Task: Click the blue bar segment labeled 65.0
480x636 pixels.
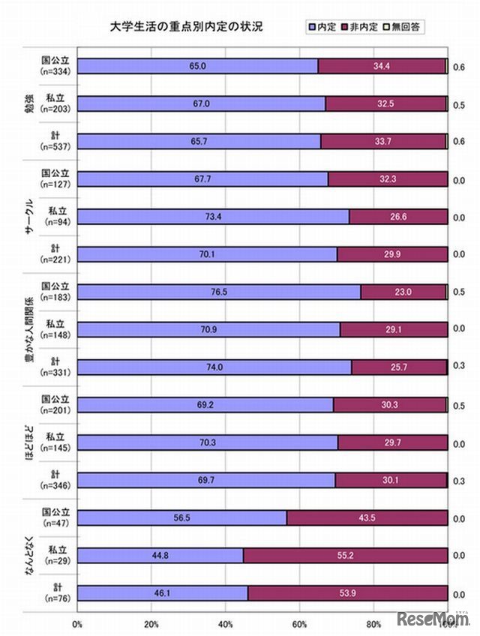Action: click(198, 66)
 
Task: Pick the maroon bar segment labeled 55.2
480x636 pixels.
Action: click(346, 555)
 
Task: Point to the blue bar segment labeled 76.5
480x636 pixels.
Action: click(219, 292)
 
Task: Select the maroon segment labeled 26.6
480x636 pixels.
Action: click(398, 217)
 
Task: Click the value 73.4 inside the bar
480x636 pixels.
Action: click(213, 217)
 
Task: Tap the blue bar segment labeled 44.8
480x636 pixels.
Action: click(160, 555)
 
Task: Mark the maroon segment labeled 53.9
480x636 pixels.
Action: click(348, 592)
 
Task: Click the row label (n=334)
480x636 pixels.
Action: click(55, 72)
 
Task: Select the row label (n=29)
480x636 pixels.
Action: click(55, 561)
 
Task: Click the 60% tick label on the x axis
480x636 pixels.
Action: click(300, 624)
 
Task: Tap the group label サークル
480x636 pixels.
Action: click(30, 217)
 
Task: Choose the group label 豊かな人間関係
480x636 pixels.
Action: click(30, 329)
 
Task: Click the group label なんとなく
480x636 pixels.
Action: click(30, 555)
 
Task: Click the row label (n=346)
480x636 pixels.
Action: click(55, 486)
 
